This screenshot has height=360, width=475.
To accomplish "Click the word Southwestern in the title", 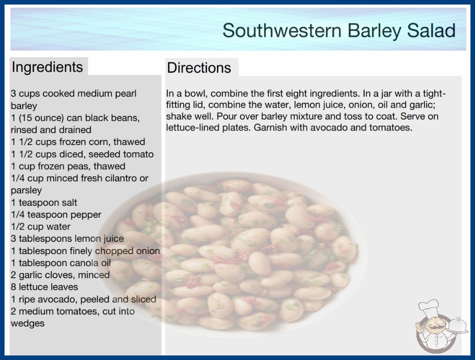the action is click(x=282, y=30).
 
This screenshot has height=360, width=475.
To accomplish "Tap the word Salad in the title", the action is click(x=431, y=30).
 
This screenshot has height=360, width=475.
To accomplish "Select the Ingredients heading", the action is click(x=47, y=67).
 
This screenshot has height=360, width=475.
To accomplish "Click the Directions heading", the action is click(x=199, y=68).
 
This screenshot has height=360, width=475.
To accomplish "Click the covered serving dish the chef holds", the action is click(x=457, y=326).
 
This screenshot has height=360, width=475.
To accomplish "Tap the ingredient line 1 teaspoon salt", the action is click(x=44, y=202).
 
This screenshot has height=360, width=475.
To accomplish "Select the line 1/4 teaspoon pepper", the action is click(x=56, y=215).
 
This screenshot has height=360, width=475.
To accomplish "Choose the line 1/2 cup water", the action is click(x=40, y=226).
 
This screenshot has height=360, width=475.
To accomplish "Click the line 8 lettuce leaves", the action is click(x=44, y=287).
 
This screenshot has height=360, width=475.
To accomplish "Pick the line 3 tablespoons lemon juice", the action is click(x=67, y=239).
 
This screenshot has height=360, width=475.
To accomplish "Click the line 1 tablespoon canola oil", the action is click(x=61, y=263).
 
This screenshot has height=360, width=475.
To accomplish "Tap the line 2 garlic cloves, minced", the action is click(x=60, y=275).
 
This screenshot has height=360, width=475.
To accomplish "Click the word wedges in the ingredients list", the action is click(x=28, y=323).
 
